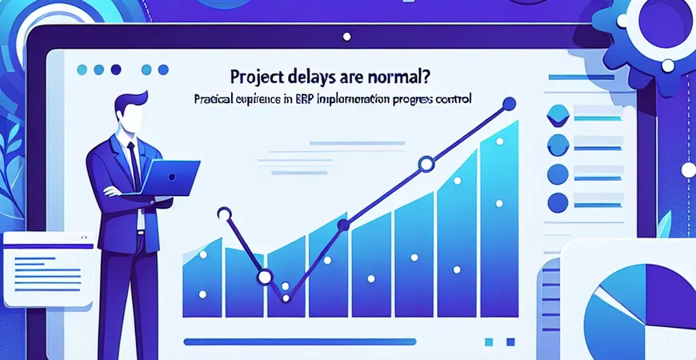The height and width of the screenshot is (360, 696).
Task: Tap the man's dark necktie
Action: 134,164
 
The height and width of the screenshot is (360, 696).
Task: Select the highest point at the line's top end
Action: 507,103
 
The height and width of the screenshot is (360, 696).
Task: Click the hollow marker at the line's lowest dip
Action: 265,277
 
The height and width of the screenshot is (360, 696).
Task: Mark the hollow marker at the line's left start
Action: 224,214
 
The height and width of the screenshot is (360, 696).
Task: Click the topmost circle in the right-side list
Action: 557,117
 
